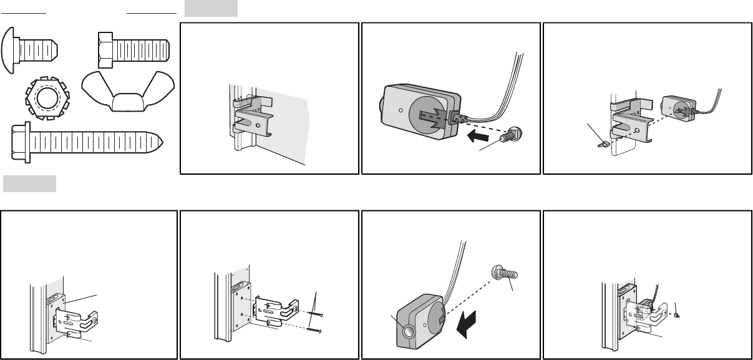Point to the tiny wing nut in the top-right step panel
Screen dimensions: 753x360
pos(598,143)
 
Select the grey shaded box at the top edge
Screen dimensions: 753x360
pos(211,8)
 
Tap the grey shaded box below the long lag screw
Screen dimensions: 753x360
pos(29,183)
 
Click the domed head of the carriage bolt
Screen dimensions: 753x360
pos(13,47)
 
